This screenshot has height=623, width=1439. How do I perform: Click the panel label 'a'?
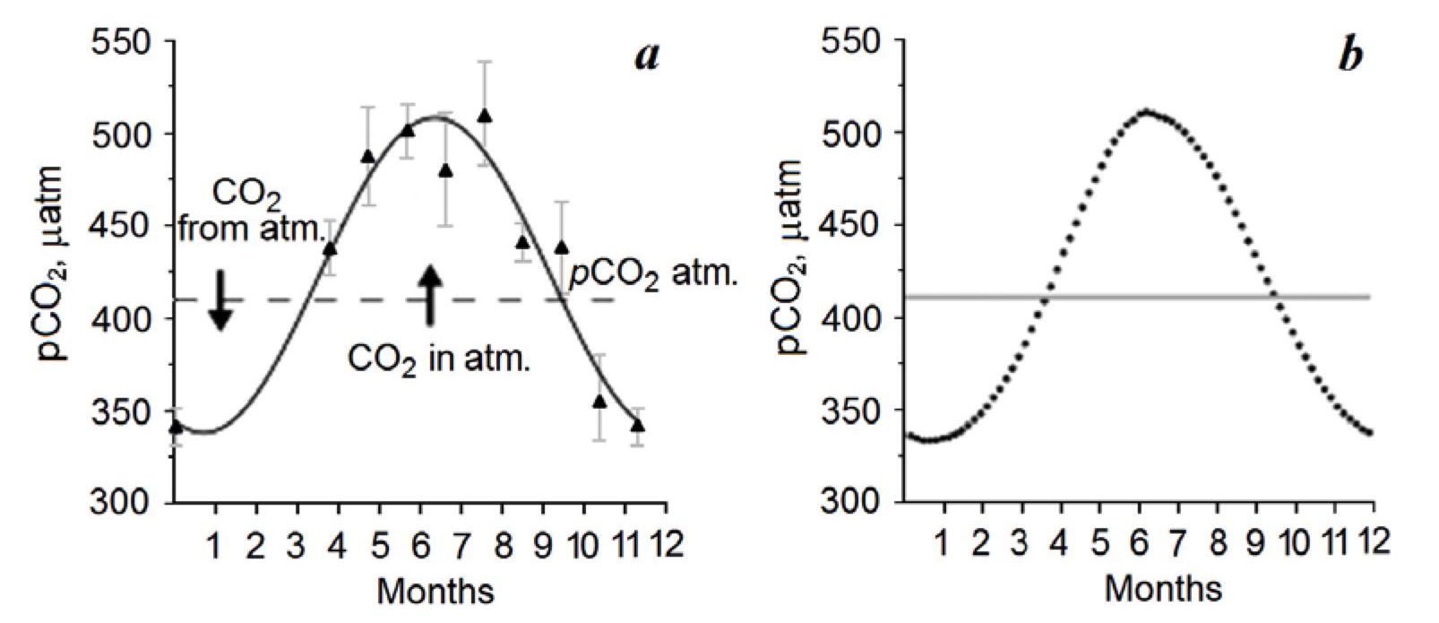(x=647, y=56)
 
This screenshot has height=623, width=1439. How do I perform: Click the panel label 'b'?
(x=1350, y=56)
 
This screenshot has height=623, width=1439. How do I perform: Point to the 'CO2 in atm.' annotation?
(x=439, y=361)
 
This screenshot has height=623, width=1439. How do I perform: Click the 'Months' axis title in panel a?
(x=435, y=592)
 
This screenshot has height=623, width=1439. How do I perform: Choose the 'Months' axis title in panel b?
(x=1163, y=590)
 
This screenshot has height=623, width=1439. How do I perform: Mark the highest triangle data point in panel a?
(x=485, y=116)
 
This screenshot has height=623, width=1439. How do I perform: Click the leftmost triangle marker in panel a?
(x=176, y=427)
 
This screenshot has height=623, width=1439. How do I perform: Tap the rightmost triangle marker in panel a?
(x=637, y=425)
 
